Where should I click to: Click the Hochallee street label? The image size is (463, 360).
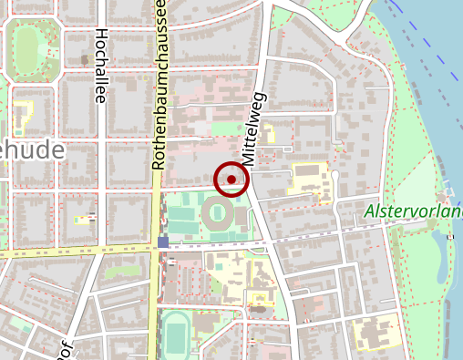[101, 66]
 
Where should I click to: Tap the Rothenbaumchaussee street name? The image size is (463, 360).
[160, 87]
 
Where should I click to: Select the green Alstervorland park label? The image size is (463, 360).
[413, 212]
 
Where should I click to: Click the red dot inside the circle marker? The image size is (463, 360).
[231, 180]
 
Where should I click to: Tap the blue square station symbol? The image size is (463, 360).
[163, 242]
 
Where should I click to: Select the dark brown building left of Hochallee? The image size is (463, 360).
[85, 60]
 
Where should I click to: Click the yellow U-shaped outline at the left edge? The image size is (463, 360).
[20, 115]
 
